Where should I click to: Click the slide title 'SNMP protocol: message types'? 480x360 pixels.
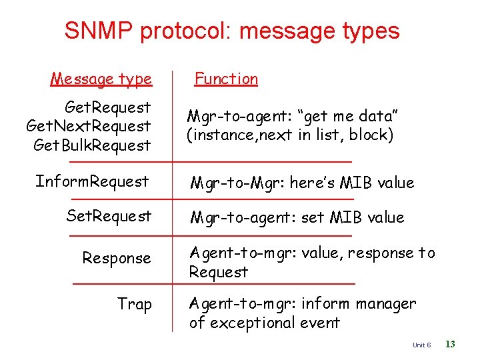[232, 31]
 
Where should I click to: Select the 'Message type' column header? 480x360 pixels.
[101, 79]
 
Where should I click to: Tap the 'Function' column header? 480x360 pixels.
[226, 79]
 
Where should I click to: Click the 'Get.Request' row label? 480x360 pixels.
[107, 107]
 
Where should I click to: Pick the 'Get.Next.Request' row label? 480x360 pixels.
[89, 126]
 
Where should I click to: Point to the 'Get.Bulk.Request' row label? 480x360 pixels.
[92, 145]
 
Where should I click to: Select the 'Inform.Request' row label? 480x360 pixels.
[92, 181]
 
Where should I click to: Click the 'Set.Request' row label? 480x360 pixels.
[109, 216]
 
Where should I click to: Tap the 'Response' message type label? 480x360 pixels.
[117, 258]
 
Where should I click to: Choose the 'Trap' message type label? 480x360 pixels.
[135, 304]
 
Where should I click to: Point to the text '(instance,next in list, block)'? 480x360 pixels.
[290, 135]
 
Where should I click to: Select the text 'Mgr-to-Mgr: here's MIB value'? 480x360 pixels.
[302, 183]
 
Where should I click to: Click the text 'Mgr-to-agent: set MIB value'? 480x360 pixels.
[297, 217]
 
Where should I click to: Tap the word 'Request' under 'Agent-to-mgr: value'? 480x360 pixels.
[218, 272]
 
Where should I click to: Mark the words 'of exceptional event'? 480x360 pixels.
[265, 323]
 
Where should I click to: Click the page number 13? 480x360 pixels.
[450, 344]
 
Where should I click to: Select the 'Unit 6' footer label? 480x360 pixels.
[422, 345]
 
